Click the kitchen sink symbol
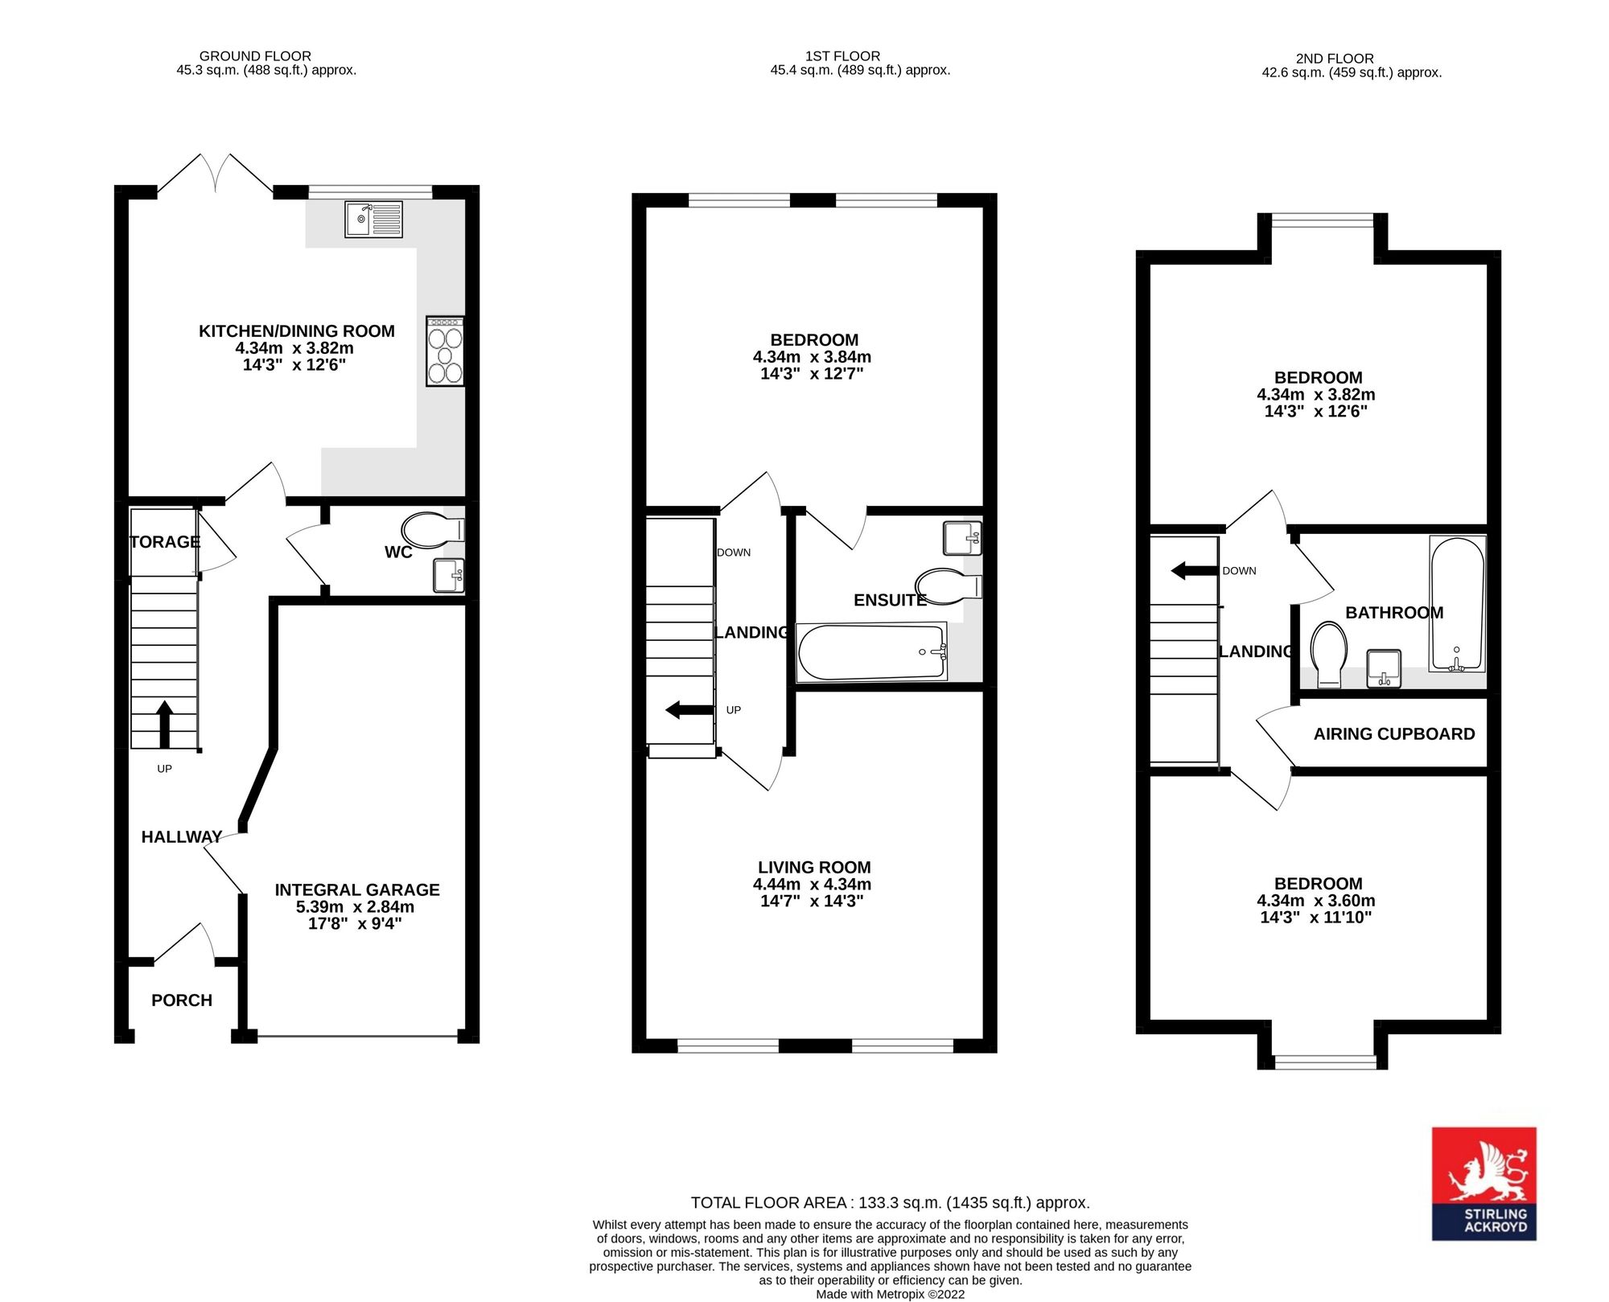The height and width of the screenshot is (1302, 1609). click(x=373, y=220)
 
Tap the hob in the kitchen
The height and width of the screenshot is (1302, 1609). click(x=445, y=351)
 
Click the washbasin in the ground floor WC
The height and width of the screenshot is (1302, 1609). click(x=449, y=576)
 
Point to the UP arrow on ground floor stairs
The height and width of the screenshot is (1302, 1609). click(x=164, y=725)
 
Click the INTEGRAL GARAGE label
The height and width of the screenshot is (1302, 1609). click(x=357, y=889)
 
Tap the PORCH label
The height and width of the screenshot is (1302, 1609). click(x=182, y=1000)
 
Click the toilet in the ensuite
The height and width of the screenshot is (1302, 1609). click(x=948, y=586)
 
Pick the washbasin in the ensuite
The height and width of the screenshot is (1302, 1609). click(x=962, y=538)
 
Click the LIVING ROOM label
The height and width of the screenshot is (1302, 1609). click(x=814, y=867)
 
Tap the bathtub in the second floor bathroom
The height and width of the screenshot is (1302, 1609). click(x=1457, y=603)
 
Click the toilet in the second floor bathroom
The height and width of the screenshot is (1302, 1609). click(x=1329, y=655)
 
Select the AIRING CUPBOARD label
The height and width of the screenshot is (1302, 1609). click(x=1394, y=733)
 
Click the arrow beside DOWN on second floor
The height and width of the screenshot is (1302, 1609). click(x=1195, y=571)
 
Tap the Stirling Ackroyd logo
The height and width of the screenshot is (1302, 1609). click(x=1484, y=1183)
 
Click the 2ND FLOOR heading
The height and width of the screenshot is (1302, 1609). click(x=1335, y=59)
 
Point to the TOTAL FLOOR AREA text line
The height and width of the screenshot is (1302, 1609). click(x=891, y=1203)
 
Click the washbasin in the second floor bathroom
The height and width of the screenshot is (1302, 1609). click(x=1384, y=669)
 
